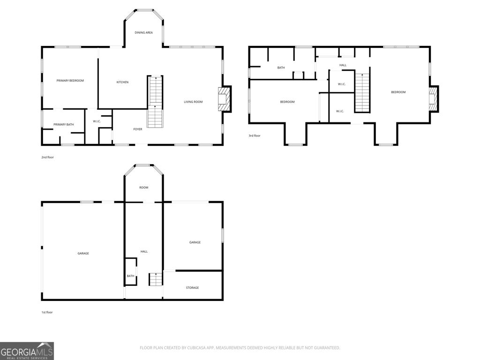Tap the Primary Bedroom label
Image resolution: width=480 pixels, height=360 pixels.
(x=70, y=81)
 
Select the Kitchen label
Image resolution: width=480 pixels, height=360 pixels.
(x=122, y=82)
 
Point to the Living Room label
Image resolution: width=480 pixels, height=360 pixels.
(x=193, y=102)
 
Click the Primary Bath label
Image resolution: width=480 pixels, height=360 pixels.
(x=63, y=124)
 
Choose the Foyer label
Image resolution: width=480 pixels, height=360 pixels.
(x=138, y=129)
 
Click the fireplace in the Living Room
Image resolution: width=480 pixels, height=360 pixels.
(x=224, y=99)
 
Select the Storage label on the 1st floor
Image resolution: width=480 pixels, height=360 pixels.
(x=192, y=288)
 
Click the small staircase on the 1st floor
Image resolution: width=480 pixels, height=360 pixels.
(x=155, y=279)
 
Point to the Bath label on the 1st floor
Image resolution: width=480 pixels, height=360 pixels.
(x=130, y=276)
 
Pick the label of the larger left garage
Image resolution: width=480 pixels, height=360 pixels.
(x=83, y=254)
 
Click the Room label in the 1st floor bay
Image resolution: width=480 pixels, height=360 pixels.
(x=143, y=187)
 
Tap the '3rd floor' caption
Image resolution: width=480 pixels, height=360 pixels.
(x=255, y=136)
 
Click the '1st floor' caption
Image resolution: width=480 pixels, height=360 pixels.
(x=47, y=312)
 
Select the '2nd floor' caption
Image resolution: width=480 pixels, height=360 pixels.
(x=47, y=157)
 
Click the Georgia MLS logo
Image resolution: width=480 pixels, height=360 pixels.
(x=27, y=351)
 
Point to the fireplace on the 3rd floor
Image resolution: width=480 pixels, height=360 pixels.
(x=434, y=99)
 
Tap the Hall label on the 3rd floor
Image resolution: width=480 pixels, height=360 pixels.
(x=343, y=65)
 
